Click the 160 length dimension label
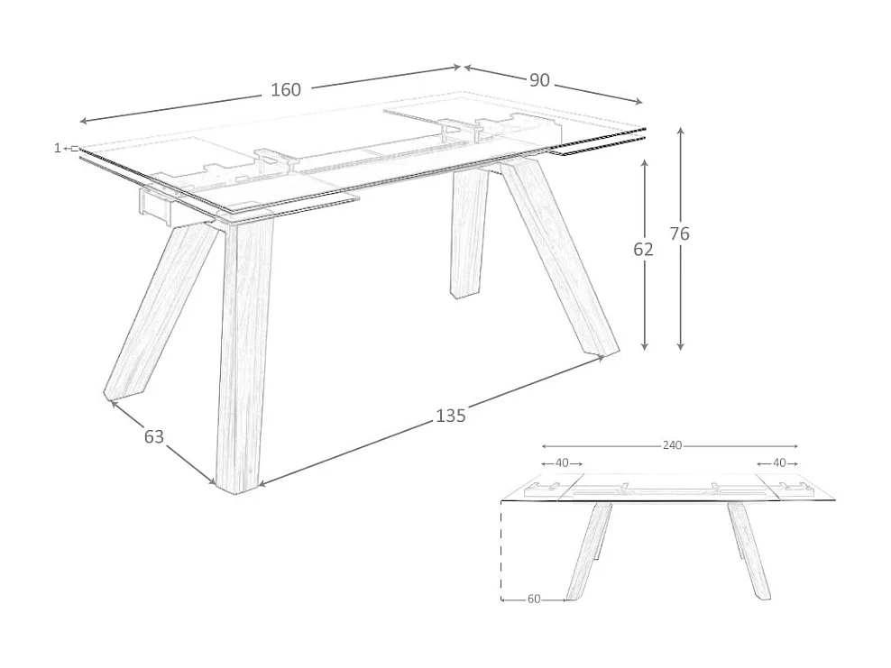[x=286, y=89]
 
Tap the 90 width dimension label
[x=539, y=80]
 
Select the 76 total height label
[x=680, y=233]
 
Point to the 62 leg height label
[x=643, y=250]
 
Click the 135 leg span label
[x=450, y=416]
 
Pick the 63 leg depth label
[x=154, y=436]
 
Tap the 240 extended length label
[x=672, y=445]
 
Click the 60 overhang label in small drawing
[x=534, y=599]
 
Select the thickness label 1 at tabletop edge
[x=57, y=148]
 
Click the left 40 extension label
[x=562, y=462]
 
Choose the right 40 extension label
[x=778, y=462]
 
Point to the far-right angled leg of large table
[x=559, y=257]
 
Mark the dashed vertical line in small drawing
[x=501, y=550]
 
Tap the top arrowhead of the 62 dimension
[x=644, y=163]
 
